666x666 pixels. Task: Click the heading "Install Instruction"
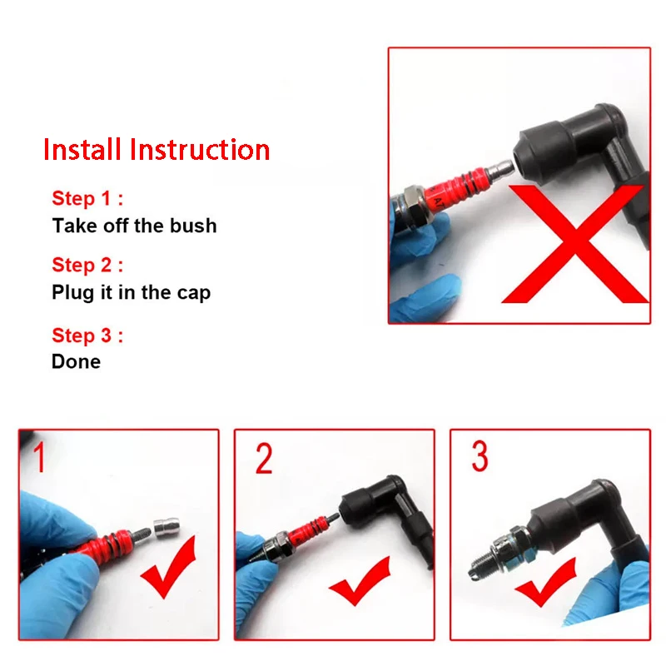click(157, 150)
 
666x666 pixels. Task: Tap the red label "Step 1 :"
click(87, 198)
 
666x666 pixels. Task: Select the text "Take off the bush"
click(134, 226)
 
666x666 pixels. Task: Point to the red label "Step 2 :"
click(87, 265)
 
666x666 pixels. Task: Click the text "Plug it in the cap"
click(132, 293)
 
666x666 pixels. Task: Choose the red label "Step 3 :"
click(87, 335)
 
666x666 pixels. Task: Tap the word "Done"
click(76, 362)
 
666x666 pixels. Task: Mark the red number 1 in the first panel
click(39, 457)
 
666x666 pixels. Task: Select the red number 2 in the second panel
click(264, 459)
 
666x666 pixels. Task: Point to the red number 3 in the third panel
click(480, 456)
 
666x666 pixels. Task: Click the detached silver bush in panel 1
click(166, 528)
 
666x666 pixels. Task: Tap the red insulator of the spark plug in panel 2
click(308, 530)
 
